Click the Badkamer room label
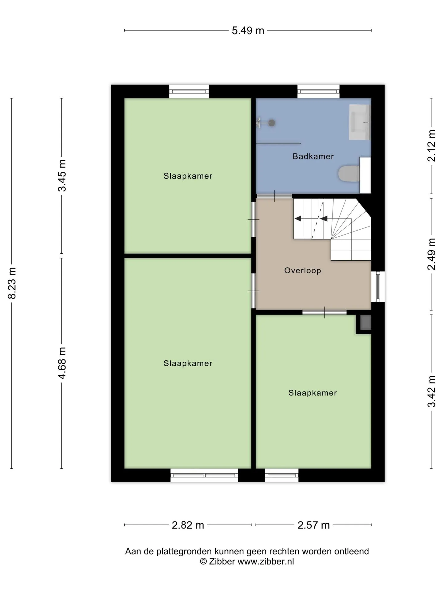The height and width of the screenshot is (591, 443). pyautogui.click(x=313, y=156)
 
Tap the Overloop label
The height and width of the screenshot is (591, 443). pyautogui.click(x=302, y=271)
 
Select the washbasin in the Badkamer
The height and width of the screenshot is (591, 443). pyautogui.click(x=360, y=122)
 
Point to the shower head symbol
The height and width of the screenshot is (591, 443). pyautogui.click(x=271, y=123)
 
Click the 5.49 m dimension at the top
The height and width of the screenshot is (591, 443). pyautogui.click(x=248, y=30)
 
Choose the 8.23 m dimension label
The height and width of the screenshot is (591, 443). pyautogui.click(x=12, y=283)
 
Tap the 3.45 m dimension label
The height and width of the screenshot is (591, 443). pyautogui.click(x=62, y=175)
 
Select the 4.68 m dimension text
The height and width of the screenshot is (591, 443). pyautogui.click(x=62, y=363)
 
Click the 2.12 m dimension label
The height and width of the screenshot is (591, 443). pyautogui.click(x=432, y=146)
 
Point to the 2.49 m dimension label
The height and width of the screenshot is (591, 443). pyautogui.click(x=432, y=254)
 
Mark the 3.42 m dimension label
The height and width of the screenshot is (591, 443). pyautogui.click(x=432, y=391)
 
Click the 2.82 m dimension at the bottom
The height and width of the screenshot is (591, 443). pyautogui.click(x=188, y=525)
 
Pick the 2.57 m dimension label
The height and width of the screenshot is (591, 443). pyautogui.click(x=313, y=525)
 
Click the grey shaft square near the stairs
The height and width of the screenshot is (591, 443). pyautogui.click(x=365, y=322)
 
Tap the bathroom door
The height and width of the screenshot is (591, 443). pyautogui.click(x=274, y=196)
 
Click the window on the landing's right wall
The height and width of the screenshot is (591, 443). pyautogui.click(x=378, y=287)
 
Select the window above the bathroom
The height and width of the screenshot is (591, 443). pyautogui.click(x=318, y=91)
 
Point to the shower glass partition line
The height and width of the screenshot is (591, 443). pyautogui.click(x=278, y=143)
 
